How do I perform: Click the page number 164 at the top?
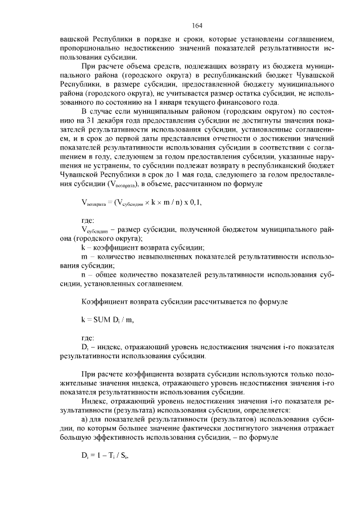coord(197,25)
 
